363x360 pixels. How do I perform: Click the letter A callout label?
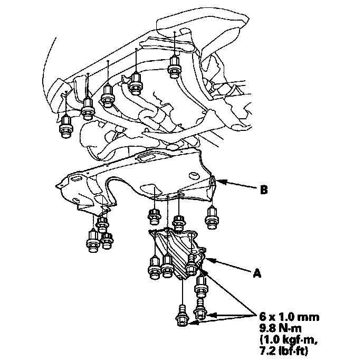pos(257,273)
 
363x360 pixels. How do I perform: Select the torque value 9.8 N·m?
pos(281,328)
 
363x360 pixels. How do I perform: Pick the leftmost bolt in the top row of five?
pos(66,127)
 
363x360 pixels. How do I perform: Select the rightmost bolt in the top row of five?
pos(174,66)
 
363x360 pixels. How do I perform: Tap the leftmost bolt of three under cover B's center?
pos(154,216)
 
